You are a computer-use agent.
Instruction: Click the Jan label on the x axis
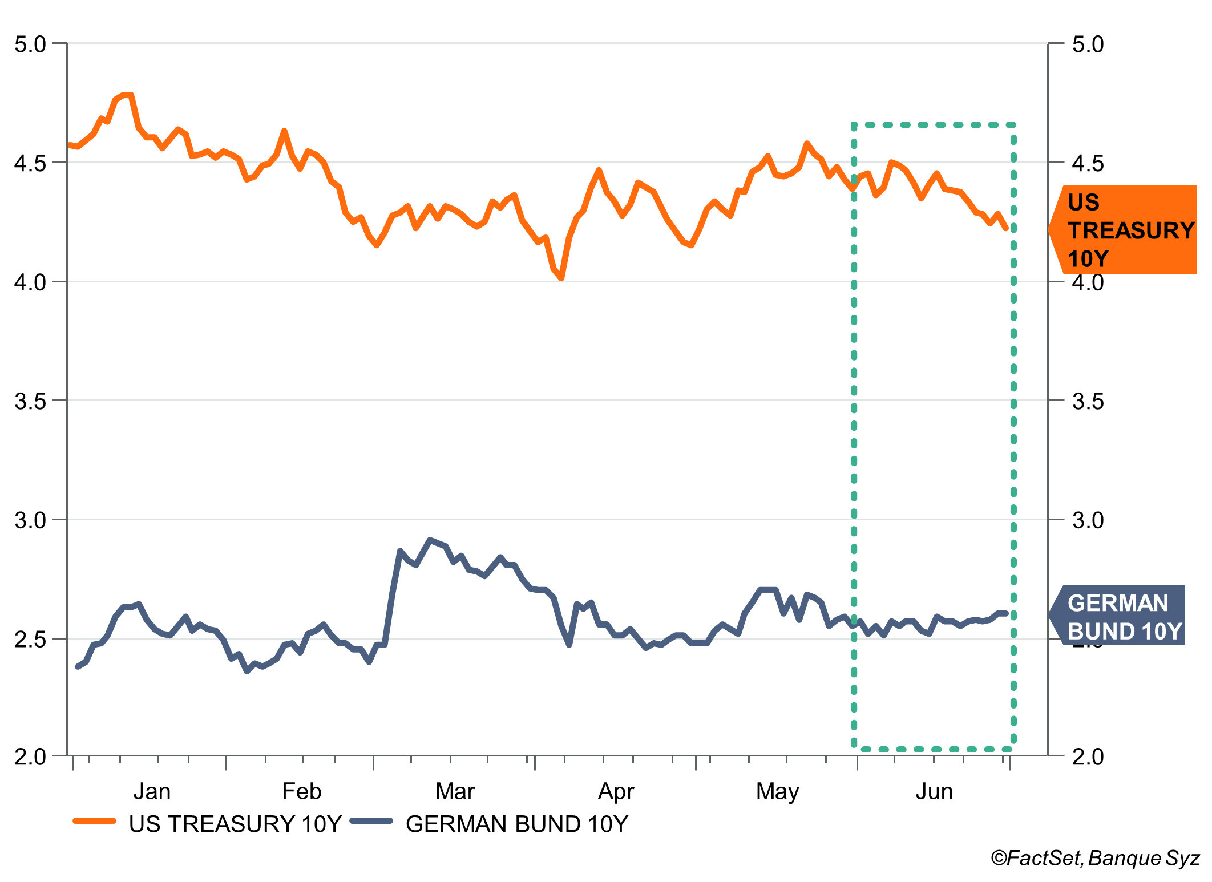(x=152, y=791)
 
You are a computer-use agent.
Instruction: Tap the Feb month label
(x=301, y=791)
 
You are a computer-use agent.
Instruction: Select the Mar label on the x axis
(x=454, y=791)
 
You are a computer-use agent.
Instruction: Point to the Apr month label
(x=616, y=791)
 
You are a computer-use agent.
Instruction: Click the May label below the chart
(x=777, y=791)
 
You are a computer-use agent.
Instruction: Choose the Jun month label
(x=934, y=791)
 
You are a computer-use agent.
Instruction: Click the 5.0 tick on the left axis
(x=30, y=44)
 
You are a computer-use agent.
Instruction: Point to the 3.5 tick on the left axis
(x=30, y=401)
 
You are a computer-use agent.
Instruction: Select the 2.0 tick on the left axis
(x=30, y=756)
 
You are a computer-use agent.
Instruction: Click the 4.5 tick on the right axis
(x=1088, y=164)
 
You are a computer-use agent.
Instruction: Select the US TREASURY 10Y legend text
(x=235, y=824)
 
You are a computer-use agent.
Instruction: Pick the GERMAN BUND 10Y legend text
(x=517, y=824)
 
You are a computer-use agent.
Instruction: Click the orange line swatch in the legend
(x=95, y=821)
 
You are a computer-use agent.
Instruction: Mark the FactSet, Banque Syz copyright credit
(x=1095, y=858)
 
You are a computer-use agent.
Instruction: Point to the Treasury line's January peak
(x=127, y=95)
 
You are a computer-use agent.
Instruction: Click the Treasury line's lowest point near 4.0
(x=562, y=278)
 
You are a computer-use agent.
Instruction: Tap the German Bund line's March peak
(x=430, y=540)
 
